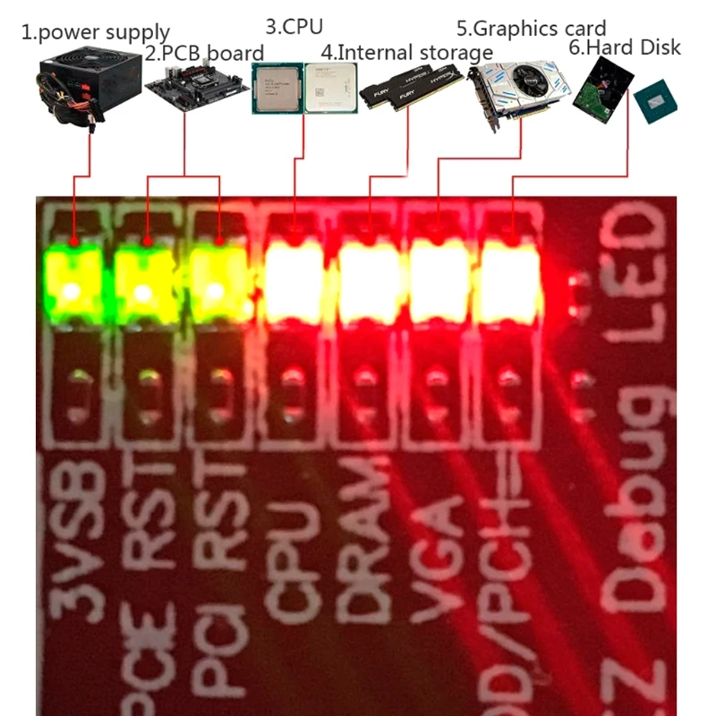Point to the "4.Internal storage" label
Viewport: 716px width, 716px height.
click(x=406, y=51)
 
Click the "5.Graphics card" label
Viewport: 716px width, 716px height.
click(x=531, y=29)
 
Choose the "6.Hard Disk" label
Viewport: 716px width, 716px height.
click(x=625, y=47)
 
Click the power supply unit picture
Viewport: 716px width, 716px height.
click(x=89, y=84)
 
